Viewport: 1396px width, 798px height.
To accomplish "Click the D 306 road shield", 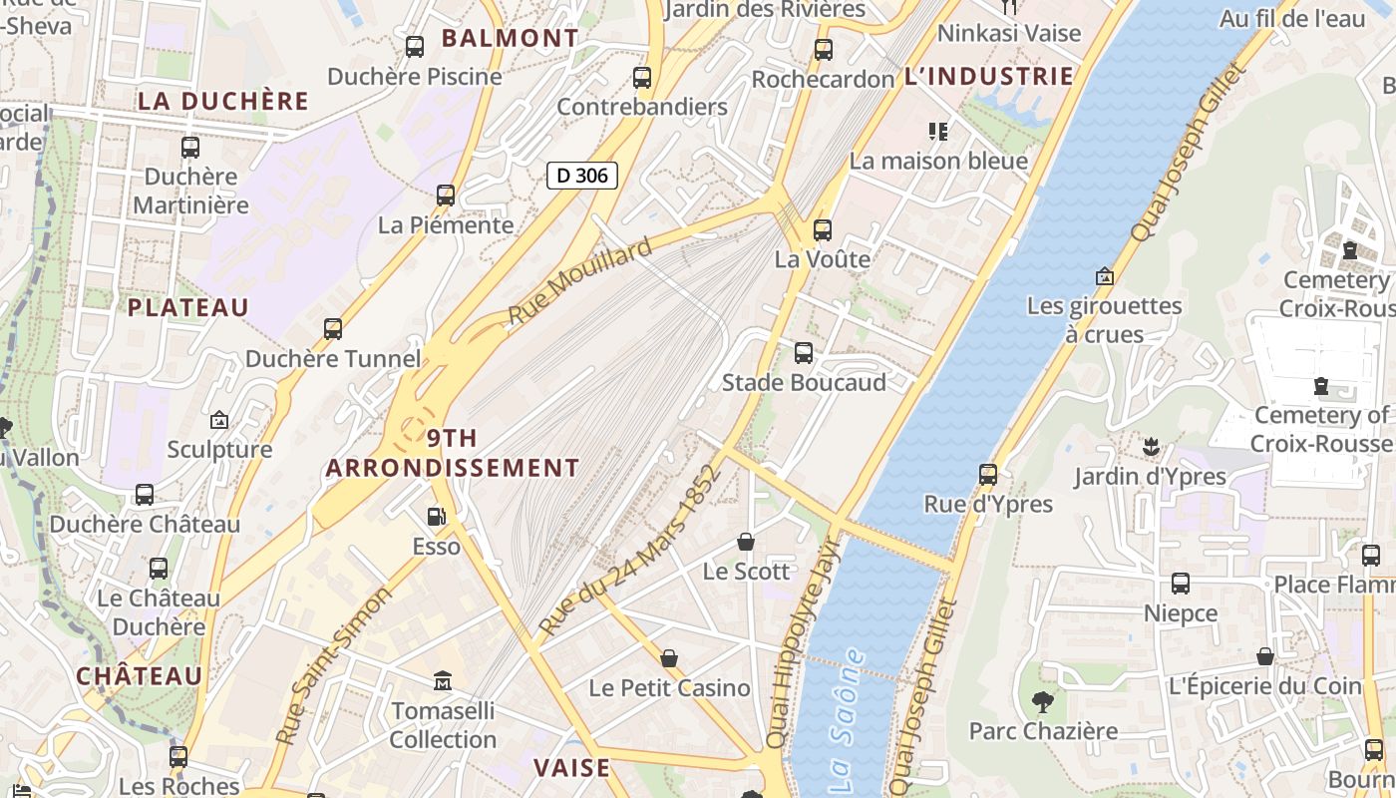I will [582, 176].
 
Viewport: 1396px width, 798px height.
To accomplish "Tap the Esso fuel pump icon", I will [436, 517].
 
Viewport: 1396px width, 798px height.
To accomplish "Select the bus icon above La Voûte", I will [823, 230].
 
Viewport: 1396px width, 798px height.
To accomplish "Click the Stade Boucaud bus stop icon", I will [804, 353].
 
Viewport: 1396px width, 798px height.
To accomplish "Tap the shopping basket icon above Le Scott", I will [746, 542].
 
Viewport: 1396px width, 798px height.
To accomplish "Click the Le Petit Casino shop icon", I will [669, 658].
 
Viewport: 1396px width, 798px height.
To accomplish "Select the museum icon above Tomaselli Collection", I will [443, 681].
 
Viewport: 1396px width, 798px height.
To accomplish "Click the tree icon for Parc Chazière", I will [1043, 701].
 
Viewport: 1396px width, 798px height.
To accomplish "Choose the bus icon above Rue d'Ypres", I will [988, 475].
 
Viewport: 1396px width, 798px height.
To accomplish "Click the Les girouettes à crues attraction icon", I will [1104, 276].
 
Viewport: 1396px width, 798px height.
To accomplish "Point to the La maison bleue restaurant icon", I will [937, 131].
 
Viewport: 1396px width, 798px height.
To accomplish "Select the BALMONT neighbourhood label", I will [510, 39].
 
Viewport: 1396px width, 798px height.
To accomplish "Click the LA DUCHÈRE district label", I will [223, 101].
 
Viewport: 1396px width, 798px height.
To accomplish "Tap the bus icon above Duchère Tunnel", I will [333, 329].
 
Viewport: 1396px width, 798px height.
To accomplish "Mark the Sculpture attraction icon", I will [219, 420].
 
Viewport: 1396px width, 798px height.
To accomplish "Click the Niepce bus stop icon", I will [1181, 584].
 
